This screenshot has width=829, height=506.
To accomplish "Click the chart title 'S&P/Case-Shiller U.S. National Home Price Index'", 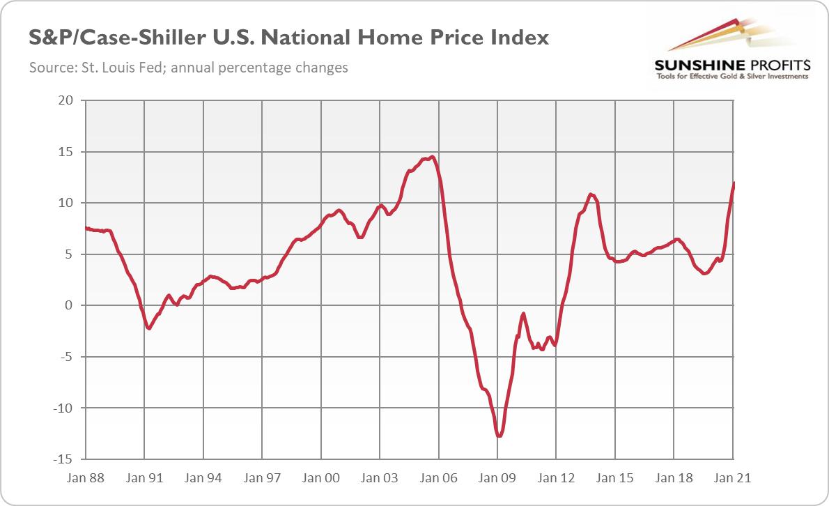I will tap(288, 38).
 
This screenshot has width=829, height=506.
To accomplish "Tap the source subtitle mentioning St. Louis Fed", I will tap(188, 68).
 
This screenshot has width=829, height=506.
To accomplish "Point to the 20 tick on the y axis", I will tap(66, 100).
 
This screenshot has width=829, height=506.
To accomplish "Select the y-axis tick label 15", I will tap(66, 152).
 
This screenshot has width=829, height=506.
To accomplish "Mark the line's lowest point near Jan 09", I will tap(499, 436).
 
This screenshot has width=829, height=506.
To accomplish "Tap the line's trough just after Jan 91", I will tap(149, 328).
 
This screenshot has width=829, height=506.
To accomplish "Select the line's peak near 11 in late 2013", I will tap(591, 194).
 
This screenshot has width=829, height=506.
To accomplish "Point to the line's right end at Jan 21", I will tap(734, 183).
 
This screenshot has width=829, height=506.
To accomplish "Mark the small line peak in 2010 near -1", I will tap(523, 314).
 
